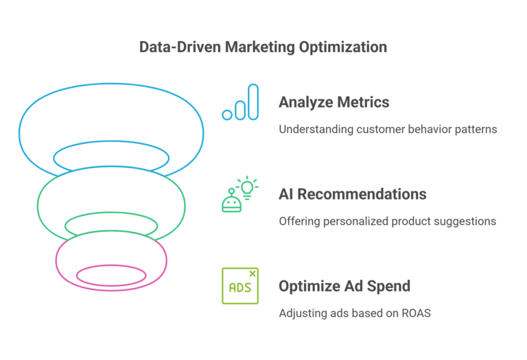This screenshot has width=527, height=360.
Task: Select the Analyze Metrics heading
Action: [333, 102]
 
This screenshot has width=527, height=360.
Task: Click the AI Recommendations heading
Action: [352, 194]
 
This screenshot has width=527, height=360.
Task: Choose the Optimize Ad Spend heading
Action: [344, 285]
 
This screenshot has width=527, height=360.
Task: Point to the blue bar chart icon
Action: [240, 103]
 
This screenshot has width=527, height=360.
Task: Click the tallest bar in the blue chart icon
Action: [253, 101]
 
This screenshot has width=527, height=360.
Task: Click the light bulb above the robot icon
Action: [246, 187]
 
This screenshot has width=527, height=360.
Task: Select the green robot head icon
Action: [231, 203]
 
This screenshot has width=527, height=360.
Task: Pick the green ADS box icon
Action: [239, 286]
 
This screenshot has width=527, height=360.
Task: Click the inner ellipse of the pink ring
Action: [111, 276]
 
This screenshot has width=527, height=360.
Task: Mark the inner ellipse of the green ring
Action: [111, 224]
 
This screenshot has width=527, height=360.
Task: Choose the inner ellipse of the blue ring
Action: [111, 158]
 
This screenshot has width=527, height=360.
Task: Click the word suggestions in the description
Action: [465, 221]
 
